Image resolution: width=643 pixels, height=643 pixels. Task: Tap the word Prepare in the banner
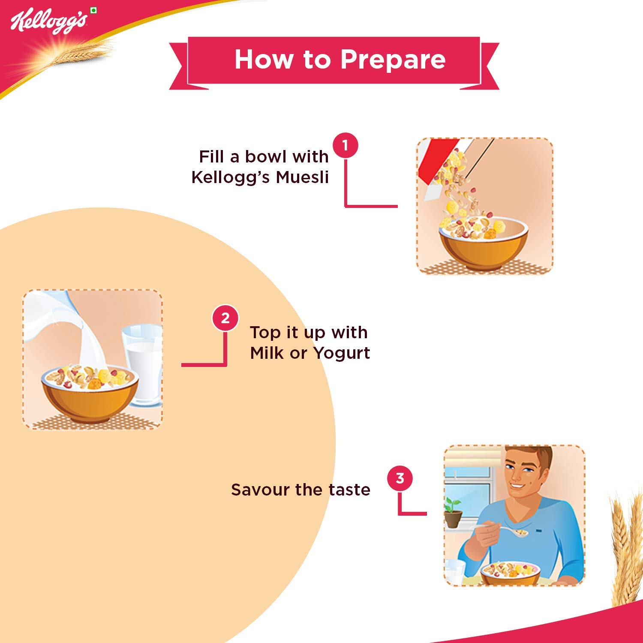(x=393, y=60)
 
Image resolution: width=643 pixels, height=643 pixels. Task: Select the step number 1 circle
(x=346, y=146)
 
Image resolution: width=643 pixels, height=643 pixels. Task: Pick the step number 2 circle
(x=225, y=318)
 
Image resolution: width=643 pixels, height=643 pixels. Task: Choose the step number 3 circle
(x=400, y=478)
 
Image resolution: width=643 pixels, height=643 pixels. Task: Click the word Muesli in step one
(x=302, y=177)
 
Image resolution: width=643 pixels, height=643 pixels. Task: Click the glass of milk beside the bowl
(x=143, y=365)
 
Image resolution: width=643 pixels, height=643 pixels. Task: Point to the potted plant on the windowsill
(x=453, y=512)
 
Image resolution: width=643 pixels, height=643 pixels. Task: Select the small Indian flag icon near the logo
(x=93, y=10)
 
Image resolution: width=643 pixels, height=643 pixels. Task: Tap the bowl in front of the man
(x=510, y=573)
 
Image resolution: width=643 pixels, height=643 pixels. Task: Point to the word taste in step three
(x=349, y=490)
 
